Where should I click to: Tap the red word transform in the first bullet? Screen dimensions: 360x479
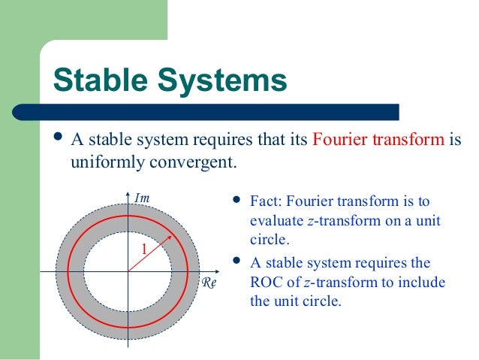(x=405, y=141)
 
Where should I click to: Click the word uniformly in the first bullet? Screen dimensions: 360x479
(x=102, y=162)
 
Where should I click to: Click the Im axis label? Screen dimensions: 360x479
(x=143, y=198)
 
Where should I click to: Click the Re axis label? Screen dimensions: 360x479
(x=209, y=283)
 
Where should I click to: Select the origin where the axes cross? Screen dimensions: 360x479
(x=128, y=271)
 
